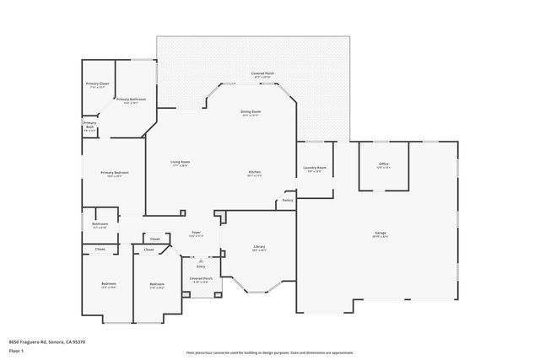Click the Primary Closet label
[x=98, y=84]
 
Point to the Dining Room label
[x=251, y=111]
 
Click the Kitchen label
[x=254, y=173]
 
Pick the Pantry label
[x=288, y=200]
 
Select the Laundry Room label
[x=315, y=168]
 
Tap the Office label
[x=383, y=164]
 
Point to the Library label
[x=259, y=247]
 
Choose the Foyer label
[x=195, y=233]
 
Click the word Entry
[x=201, y=266]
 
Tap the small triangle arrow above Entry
[x=201, y=261]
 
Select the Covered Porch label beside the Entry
[x=201, y=278]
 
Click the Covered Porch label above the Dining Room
[x=262, y=73]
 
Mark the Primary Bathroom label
[x=131, y=100]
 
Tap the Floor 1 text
[x=16, y=350]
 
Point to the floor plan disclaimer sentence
[x=270, y=352]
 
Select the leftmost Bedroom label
[x=109, y=283]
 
